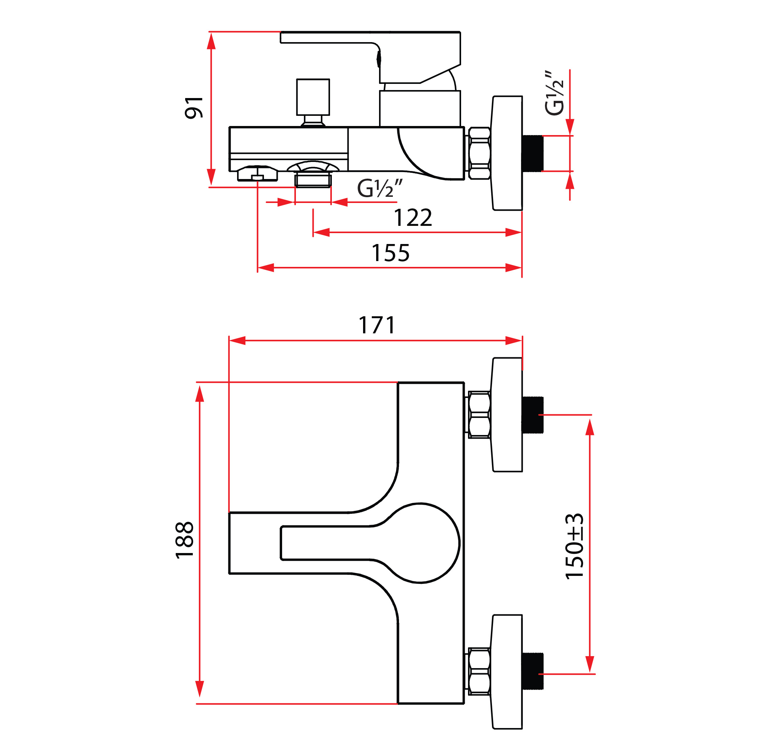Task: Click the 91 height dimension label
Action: point(194,107)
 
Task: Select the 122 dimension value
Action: point(412,218)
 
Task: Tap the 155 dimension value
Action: point(390,253)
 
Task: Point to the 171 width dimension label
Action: point(377,325)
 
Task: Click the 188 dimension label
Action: point(184,540)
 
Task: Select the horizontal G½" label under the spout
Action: point(380,188)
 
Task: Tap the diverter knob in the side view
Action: point(313,102)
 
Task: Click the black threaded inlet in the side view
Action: point(533,153)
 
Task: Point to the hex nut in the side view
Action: point(479,153)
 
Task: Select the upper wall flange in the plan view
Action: point(507,415)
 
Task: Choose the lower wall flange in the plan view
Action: point(507,672)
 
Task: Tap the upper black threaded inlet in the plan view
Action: point(533,415)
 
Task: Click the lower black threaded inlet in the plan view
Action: point(533,671)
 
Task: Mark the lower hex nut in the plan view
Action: point(479,672)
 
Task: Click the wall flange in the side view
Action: point(507,153)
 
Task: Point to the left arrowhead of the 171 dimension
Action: point(237,341)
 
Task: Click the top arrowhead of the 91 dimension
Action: point(211,41)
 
